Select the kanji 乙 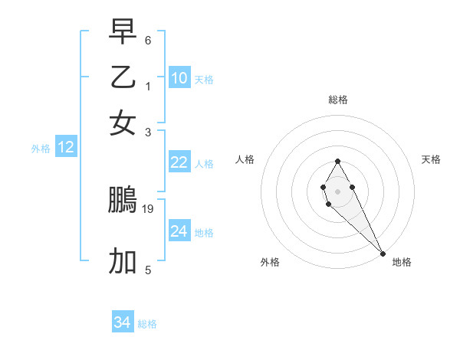(x=123, y=77)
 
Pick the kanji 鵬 (x=123, y=201)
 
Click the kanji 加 (x=123, y=261)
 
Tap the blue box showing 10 (x=179, y=78)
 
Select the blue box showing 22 (x=179, y=162)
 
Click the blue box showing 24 (x=179, y=231)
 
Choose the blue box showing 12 (x=66, y=148)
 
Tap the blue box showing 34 (x=123, y=322)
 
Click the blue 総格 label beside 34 (x=147, y=324)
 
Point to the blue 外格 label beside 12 (x=41, y=149)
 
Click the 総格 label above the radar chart (x=338, y=100)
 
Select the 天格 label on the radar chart (x=432, y=159)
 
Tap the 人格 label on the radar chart (x=245, y=159)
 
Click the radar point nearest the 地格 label (x=383, y=254)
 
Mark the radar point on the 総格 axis (x=337, y=161)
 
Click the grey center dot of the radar (x=337, y=191)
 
